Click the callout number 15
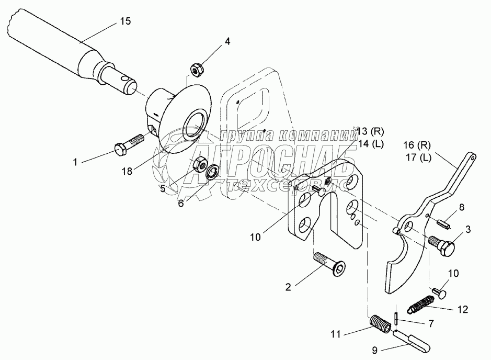click(125, 21)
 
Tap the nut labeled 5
click(199, 165)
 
